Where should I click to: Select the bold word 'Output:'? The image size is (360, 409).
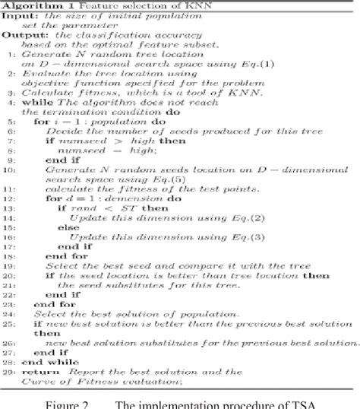click(21, 34)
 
